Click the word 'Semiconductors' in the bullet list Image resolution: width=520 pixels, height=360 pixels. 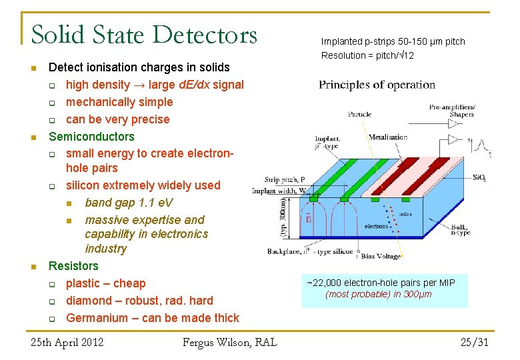(x=91, y=137)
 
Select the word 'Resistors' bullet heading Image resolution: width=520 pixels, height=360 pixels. (x=73, y=266)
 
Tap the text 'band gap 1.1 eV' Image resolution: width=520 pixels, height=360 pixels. (x=129, y=203)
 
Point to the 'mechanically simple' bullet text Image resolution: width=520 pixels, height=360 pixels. (x=119, y=102)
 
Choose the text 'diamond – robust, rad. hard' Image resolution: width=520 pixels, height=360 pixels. (x=139, y=301)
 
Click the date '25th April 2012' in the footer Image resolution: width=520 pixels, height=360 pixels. (x=67, y=343)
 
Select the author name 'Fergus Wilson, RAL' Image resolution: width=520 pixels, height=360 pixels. (x=229, y=343)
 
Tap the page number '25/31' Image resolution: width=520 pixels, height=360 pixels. (x=474, y=343)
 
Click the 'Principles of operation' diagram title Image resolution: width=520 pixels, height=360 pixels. (x=377, y=85)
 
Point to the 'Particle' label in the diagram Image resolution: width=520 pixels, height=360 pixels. (x=359, y=114)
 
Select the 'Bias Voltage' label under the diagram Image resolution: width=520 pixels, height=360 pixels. (x=381, y=256)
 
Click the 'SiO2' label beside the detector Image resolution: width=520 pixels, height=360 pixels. (x=479, y=178)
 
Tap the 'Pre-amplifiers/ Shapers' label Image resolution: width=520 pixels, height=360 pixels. (x=452, y=110)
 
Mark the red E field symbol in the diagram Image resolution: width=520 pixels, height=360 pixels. (x=308, y=218)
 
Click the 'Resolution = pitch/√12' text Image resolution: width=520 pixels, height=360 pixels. (x=367, y=55)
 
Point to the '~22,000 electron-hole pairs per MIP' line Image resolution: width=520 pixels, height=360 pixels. (x=381, y=283)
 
